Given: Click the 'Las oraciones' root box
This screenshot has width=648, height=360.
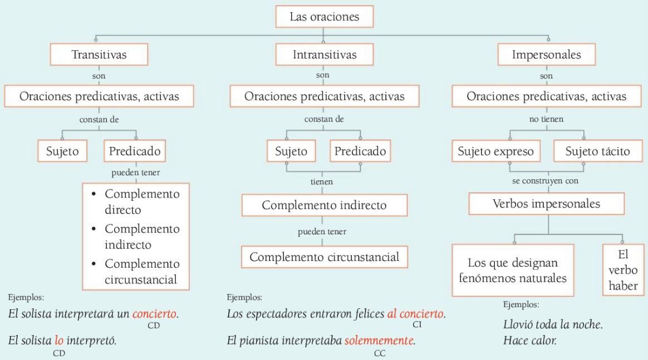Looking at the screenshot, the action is (x=325, y=17).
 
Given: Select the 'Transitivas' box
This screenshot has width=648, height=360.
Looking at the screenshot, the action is (x=99, y=55).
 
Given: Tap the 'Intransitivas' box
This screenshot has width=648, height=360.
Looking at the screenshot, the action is (x=325, y=55).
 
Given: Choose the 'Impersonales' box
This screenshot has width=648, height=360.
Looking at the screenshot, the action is (x=546, y=55).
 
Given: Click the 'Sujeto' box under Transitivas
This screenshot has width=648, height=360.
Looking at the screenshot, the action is (x=62, y=151).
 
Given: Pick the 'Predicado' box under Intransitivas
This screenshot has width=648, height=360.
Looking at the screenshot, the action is (x=360, y=151).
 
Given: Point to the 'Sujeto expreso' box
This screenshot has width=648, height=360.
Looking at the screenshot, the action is (x=496, y=151).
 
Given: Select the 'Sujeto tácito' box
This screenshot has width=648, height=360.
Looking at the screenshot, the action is (x=598, y=151).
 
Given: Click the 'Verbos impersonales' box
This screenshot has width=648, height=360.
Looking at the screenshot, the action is (x=546, y=204).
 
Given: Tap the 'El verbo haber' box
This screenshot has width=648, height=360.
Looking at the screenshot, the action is (x=623, y=270).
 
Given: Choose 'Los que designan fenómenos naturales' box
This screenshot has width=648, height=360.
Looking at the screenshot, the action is (x=513, y=270).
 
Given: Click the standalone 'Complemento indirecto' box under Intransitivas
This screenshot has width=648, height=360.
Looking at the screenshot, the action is (x=325, y=205).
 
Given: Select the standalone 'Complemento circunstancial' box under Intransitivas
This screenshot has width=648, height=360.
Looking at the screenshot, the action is (x=325, y=257).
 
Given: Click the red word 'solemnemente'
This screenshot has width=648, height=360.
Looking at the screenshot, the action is (x=379, y=341).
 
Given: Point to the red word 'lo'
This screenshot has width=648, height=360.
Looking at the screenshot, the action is (x=59, y=341).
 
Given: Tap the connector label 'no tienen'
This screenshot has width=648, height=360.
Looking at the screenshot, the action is (x=546, y=119).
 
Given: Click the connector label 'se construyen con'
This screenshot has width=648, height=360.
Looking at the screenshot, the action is (x=545, y=181).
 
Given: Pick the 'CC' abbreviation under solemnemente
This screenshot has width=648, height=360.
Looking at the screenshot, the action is (x=380, y=353).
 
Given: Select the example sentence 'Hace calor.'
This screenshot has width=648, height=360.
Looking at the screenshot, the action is (x=530, y=341).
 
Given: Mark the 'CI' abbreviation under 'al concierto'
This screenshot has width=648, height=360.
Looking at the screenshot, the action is (x=417, y=324).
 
